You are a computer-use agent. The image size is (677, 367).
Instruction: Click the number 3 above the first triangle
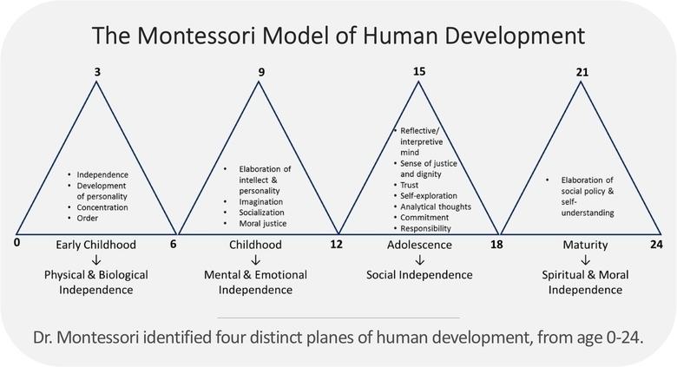coord(97,72)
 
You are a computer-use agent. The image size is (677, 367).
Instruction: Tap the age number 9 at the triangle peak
coord(261,72)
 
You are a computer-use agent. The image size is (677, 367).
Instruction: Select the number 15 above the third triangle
coord(419,71)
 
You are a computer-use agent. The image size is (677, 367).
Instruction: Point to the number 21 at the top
coord(582,72)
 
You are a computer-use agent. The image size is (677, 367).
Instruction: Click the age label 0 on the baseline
coord(16,243)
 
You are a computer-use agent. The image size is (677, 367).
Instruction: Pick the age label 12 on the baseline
coord(337,245)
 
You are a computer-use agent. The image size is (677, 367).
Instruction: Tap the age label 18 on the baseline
coord(496,245)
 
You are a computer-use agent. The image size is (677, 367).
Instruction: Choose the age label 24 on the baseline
coord(656,245)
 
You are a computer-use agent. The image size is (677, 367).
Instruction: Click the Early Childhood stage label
coord(95,245)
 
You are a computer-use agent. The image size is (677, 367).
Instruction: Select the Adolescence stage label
coord(419,245)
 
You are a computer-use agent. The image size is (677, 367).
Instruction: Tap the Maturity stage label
coord(585,246)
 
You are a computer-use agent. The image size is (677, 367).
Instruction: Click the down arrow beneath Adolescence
coord(419,260)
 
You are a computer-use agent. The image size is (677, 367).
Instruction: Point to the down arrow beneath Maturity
coord(585,260)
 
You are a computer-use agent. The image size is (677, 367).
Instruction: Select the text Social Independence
coord(419,275)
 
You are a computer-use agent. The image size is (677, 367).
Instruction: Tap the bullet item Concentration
coord(102,207)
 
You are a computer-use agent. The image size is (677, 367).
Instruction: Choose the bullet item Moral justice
coord(262,224)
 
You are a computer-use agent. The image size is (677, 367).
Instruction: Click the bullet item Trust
coord(409,185)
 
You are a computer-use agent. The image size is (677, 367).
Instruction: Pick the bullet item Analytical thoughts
coord(436,206)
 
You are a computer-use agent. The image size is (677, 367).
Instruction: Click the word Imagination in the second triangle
coord(260,202)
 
